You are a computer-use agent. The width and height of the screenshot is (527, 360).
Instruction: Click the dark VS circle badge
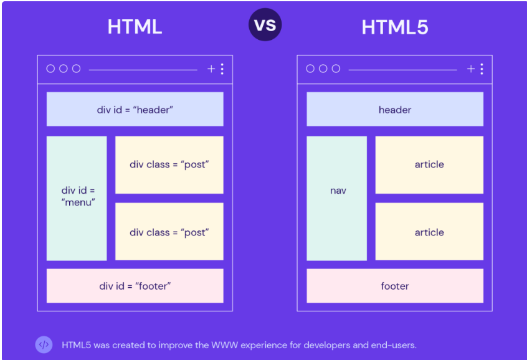click(x=265, y=24)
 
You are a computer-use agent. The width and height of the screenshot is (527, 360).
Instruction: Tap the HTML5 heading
click(x=395, y=27)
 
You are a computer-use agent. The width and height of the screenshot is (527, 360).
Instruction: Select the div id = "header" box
click(x=135, y=109)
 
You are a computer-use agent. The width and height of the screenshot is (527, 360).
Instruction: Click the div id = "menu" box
click(x=77, y=198)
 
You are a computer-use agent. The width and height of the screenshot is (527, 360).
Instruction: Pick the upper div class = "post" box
click(x=169, y=164)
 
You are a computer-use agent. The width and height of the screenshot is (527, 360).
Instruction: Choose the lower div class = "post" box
click(x=169, y=231)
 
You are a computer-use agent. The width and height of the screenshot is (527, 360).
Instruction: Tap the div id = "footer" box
click(x=135, y=286)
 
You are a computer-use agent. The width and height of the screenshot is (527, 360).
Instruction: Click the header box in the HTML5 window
click(x=395, y=109)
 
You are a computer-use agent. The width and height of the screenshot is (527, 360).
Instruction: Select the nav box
click(x=337, y=198)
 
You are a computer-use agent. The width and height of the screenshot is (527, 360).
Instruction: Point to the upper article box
click(x=430, y=164)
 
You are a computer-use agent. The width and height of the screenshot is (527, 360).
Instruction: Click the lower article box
click(x=430, y=231)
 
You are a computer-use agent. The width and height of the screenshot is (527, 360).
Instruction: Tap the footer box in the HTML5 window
click(x=395, y=286)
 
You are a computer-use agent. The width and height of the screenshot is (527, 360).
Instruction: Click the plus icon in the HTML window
click(x=211, y=69)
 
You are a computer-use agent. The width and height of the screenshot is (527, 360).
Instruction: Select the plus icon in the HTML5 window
click(x=471, y=69)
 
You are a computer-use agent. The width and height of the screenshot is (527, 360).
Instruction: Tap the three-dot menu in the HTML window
click(x=222, y=69)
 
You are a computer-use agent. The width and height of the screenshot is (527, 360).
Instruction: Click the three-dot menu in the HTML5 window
click(x=482, y=69)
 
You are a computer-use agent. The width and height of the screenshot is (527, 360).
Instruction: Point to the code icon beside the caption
click(x=44, y=344)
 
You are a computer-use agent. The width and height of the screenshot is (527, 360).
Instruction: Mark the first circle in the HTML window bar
click(x=50, y=69)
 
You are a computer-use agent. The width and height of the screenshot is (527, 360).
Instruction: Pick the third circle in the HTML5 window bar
click(x=336, y=69)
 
